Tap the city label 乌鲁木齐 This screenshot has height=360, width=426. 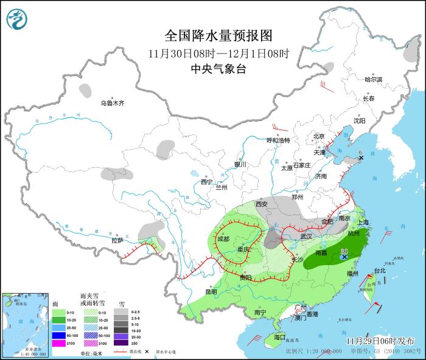tap(113, 103)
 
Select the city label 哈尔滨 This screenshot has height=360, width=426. tap(373, 80)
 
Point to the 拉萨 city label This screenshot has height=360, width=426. tap(117, 240)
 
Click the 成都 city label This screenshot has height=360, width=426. tap(223, 239)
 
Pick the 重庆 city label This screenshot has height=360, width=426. tap(244, 249)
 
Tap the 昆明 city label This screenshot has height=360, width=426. tap(211, 291)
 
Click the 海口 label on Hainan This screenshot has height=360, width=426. tap(279, 336)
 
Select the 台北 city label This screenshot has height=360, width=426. tap(379, 270)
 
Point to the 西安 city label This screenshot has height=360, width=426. tap(262, 204)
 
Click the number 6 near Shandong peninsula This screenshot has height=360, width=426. tap(360, 152)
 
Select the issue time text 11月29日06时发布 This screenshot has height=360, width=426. tap(380, 340)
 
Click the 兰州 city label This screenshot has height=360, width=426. tap(221, 188)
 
